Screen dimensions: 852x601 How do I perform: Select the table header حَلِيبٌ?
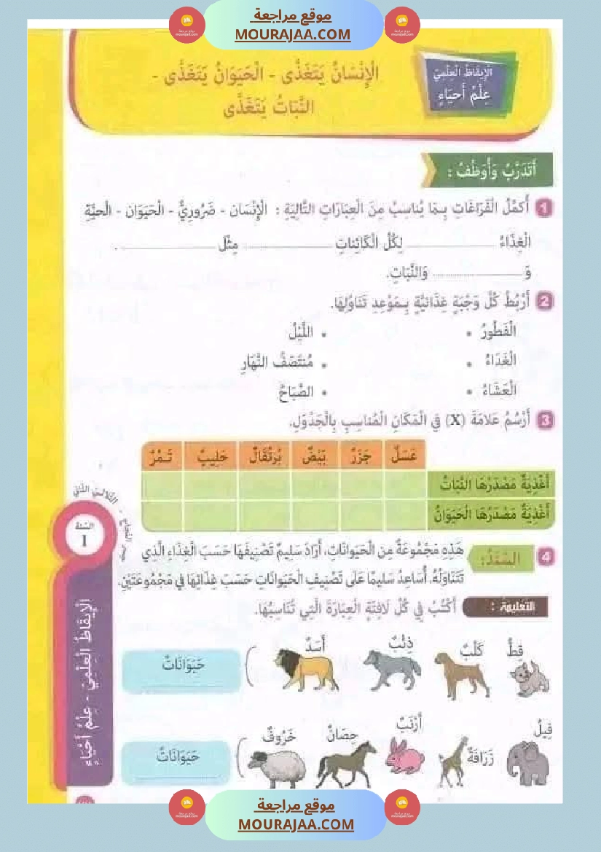tap(212, 457)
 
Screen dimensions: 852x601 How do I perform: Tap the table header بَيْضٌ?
tap(319, 457)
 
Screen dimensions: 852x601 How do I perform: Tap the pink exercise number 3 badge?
tap(544, 420)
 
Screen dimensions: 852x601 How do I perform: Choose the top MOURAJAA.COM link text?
tap(293, 34)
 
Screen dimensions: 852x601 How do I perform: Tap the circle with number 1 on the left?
tap(85, 540)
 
